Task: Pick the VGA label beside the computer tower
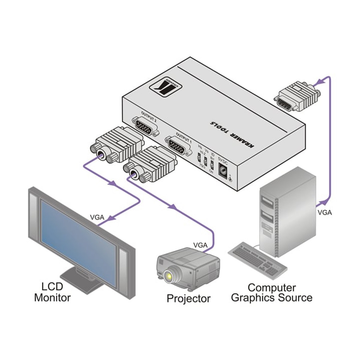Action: point(325,212)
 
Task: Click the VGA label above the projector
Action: point(200,245)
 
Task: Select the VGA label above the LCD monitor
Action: point(97,217)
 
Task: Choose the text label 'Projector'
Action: point(188,298)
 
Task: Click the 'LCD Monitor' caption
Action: point(52,292)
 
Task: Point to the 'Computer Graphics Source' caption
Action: point(272,292)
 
